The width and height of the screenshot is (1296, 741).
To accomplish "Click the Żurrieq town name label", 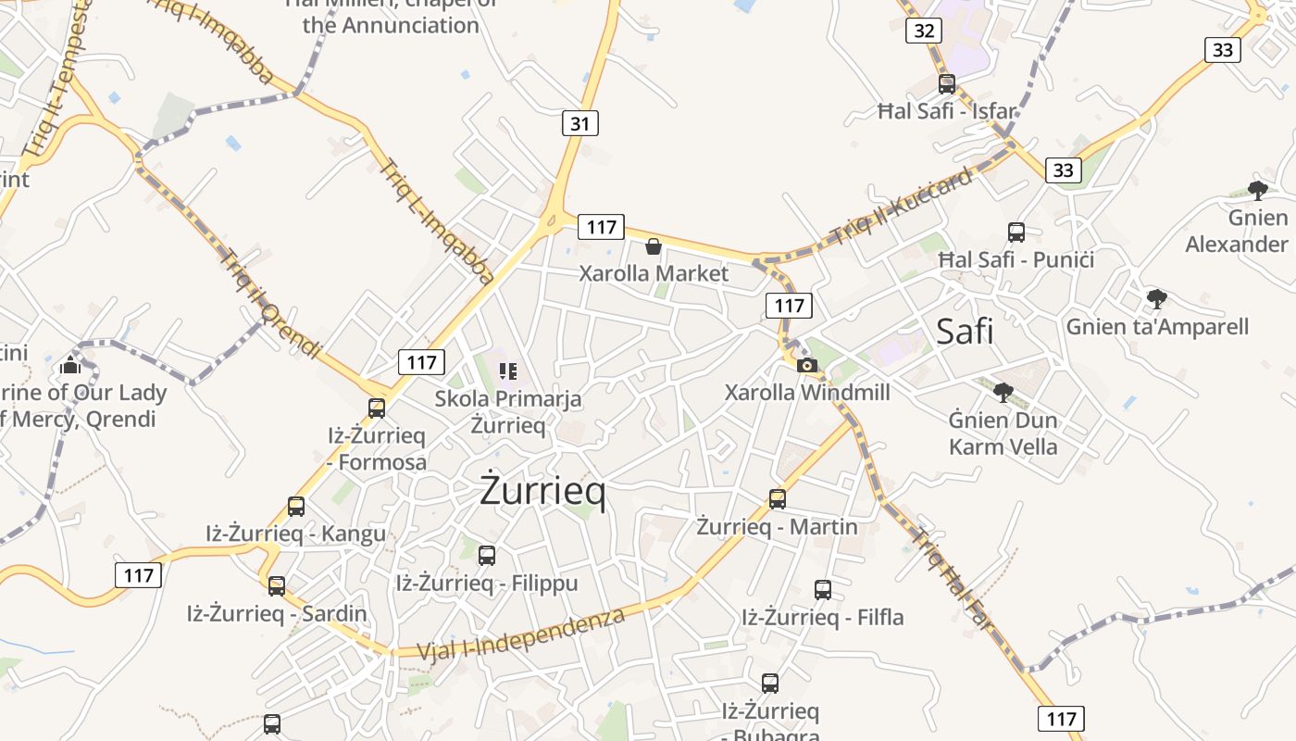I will pos(542,492).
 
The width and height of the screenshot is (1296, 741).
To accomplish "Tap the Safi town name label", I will pos(965,331).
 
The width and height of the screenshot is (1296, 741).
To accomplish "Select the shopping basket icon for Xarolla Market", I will pos(654,246).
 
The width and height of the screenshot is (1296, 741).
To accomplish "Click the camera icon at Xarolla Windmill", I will pos(807,365).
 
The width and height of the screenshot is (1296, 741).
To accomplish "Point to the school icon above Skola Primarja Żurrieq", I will pos(508,371).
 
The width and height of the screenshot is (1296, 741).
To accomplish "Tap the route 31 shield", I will pos(579,123).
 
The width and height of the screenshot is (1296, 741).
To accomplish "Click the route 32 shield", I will pos(924,31).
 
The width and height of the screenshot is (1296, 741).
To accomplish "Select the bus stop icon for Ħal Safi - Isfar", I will pos(947,84).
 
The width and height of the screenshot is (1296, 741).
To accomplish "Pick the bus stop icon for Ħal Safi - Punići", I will pos(1016,232).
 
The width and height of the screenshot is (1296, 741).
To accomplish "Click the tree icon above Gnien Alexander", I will pos(1257,191).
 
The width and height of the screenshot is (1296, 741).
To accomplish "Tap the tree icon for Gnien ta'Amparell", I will pos(1156,299).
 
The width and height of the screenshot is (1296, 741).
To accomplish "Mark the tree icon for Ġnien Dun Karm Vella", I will pos(1003,393).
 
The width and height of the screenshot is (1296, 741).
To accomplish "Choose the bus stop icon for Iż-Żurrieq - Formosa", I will pos(377,408).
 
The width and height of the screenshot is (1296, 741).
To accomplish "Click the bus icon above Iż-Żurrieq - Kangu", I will pos(296,507).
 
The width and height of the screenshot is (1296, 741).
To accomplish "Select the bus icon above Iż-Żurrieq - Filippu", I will pos(487,556).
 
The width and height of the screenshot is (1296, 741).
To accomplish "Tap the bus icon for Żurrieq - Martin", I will pos(778,499).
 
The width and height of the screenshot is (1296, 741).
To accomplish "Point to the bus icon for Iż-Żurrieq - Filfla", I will pos(823,590).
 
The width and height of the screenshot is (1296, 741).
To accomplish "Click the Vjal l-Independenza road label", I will pos(521,634).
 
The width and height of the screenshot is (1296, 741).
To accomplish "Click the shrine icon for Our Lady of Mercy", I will pos(70,366).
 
